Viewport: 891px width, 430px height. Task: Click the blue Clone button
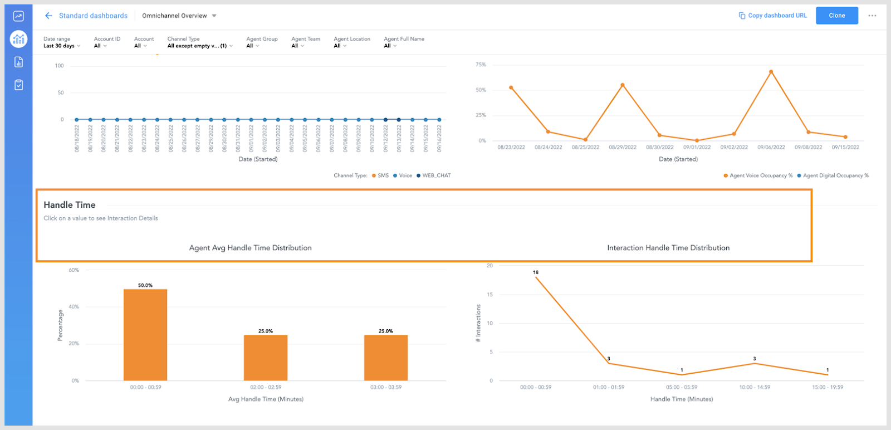(x=836, y=16)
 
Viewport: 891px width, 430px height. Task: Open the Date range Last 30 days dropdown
(x=62, y=46)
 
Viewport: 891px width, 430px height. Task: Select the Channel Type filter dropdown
(x=199, y=46)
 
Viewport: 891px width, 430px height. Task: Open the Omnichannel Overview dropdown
(x=179, y=16)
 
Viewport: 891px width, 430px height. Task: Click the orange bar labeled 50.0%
(x=145, y=334)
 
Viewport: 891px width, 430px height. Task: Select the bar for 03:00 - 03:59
(x=386, y=358)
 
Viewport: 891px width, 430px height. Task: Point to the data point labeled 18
(x=536, y=277)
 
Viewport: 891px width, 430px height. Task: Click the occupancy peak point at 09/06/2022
(x=771, y=72)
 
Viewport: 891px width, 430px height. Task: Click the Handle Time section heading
(x=70, y=205)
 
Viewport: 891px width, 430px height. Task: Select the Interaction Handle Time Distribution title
(x=668, y=248)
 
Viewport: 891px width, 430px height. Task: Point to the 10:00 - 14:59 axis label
(x=755, y=387)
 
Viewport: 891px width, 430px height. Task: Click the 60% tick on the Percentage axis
(x=74, y=270)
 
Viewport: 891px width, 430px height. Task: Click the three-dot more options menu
(x=872, y=16)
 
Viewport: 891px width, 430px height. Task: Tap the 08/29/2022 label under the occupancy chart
(x=623, y=148)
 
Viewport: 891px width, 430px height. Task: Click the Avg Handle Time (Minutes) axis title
(x=266, y=399)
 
